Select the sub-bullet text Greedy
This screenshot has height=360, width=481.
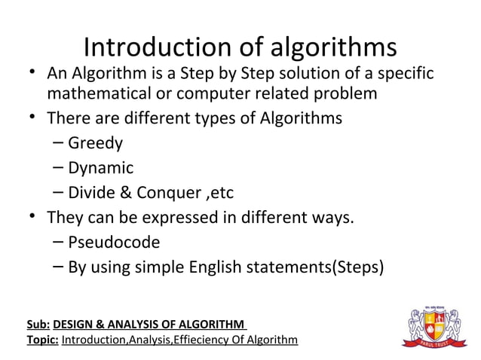[x=95, y=143]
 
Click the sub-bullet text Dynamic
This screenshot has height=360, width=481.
[x=100, y=168]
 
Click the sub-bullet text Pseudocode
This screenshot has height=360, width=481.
[x=114, y=243]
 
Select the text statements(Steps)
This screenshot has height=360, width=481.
[x=325, y=267]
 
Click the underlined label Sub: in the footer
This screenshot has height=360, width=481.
[x=38, y=325]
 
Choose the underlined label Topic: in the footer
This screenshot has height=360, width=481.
[x=42, y=340]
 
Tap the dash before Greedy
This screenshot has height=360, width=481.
[x=59, y=143]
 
